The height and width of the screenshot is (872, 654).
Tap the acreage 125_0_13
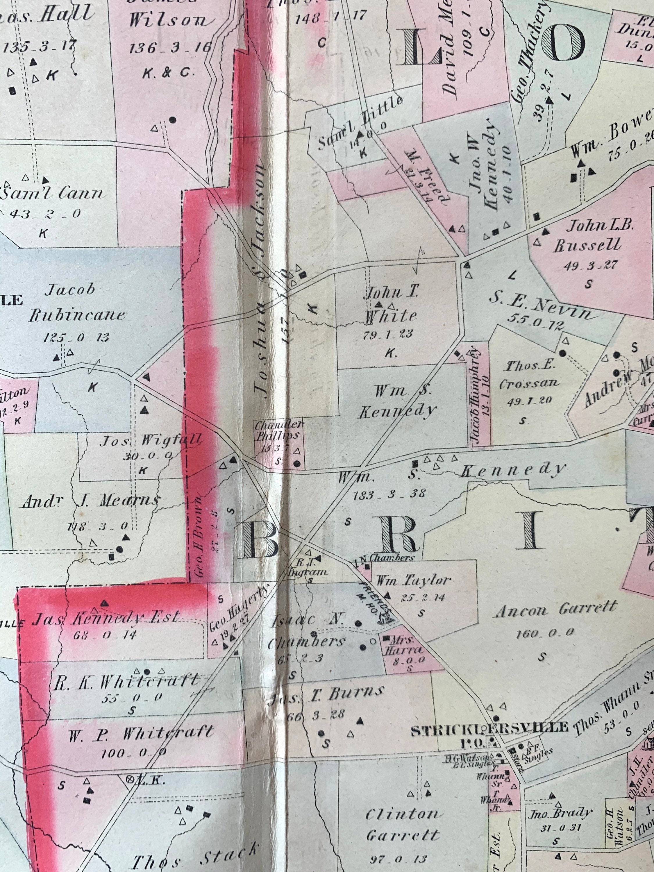coord(76,337)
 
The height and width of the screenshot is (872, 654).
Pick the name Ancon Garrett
coord(555,610)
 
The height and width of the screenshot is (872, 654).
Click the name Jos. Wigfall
coord(151,440)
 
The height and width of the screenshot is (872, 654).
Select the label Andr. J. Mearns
coord(91,501)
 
